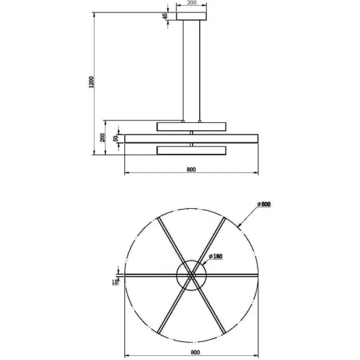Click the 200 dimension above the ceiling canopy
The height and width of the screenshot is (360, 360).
click(192, 3)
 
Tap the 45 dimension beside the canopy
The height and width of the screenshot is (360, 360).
click(165, 16)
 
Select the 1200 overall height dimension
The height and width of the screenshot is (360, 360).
click(91, 82)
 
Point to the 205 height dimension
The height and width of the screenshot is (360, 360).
click(103, 137)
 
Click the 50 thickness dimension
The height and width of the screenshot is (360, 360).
click(116, 138)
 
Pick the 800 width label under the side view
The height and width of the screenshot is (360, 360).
click(191, 170)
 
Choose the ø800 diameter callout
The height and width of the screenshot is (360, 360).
click(264, 204)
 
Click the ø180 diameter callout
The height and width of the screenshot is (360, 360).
click(216, 256)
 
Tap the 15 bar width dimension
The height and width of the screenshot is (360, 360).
click(115, 282)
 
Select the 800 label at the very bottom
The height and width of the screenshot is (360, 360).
click(195, 352)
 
